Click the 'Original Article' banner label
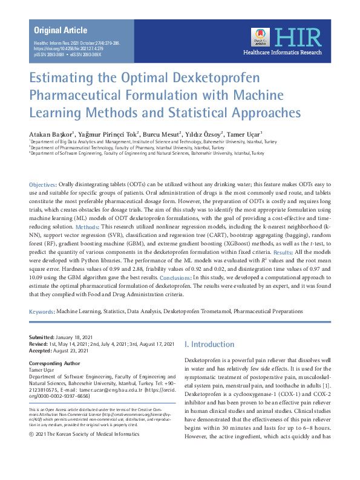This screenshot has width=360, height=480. pos(61,30)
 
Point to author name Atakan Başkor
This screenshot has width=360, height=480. pos(51,134)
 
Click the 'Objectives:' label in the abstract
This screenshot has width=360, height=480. pos(44,184)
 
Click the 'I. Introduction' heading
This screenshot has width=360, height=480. pos(208,344)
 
